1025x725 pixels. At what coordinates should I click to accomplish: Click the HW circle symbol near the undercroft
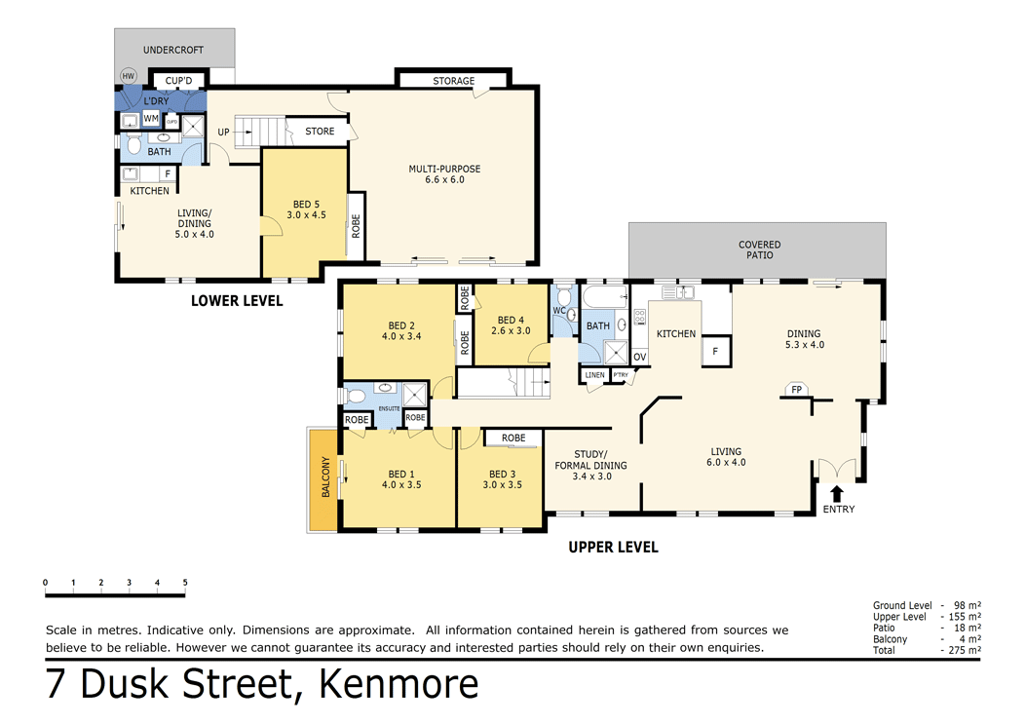(128, 76)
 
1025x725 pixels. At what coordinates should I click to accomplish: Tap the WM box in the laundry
(151, 119)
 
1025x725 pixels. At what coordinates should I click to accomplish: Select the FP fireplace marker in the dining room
(796, 390)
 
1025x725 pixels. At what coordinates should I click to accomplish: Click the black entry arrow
(837, 494)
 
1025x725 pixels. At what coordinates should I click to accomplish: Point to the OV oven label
(640, 357)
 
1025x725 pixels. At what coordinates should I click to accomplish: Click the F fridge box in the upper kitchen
(716, 351)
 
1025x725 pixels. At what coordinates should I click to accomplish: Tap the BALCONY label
(325, 477)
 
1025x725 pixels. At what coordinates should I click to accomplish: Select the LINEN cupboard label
(594, 375)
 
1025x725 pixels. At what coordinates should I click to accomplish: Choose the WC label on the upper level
(559, 311)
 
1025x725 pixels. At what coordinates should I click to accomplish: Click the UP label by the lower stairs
(223, 132)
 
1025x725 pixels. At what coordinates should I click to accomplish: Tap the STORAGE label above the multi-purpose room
(453, 81)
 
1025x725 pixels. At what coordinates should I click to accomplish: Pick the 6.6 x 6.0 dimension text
(444, 180)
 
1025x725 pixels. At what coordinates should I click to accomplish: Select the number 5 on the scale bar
(184, 583)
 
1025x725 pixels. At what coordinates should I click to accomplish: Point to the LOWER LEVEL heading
(237, 301)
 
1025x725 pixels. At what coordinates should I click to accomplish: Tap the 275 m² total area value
(964, 650)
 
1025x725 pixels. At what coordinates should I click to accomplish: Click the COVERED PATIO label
(759, 249)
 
